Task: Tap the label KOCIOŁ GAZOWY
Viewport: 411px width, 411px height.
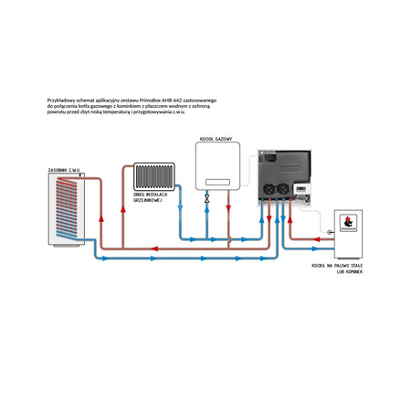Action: pos(216,139)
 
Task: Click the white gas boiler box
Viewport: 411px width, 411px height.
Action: pos(216,164)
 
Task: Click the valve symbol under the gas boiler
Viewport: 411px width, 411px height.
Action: pos(207,197)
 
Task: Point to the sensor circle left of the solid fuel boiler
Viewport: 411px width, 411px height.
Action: pos(330,233)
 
